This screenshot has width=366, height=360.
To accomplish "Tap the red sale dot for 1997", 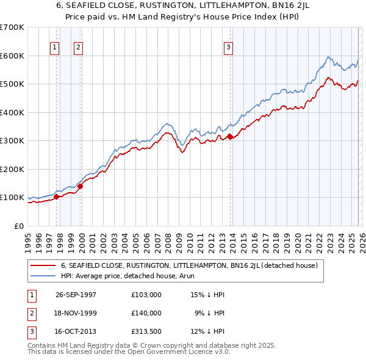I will click(x=57, y=196).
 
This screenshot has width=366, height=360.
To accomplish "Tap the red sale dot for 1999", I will click(x=80, y=186).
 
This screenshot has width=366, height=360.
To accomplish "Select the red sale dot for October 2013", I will click(x=230, y=137).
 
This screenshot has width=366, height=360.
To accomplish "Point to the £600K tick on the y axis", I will click(x=12, y=56).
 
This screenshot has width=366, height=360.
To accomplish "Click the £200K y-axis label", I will click(x=12, y=169).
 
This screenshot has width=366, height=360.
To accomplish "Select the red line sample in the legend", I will click(x=43, y=265).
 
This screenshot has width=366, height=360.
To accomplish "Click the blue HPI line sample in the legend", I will click(x=43, y=276).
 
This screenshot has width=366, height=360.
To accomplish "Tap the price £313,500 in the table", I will click(x=146, y=331).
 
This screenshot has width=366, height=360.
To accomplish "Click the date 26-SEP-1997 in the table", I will click(x=76, y=295).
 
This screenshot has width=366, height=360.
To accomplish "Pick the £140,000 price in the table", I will click(x=146, y=313).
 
